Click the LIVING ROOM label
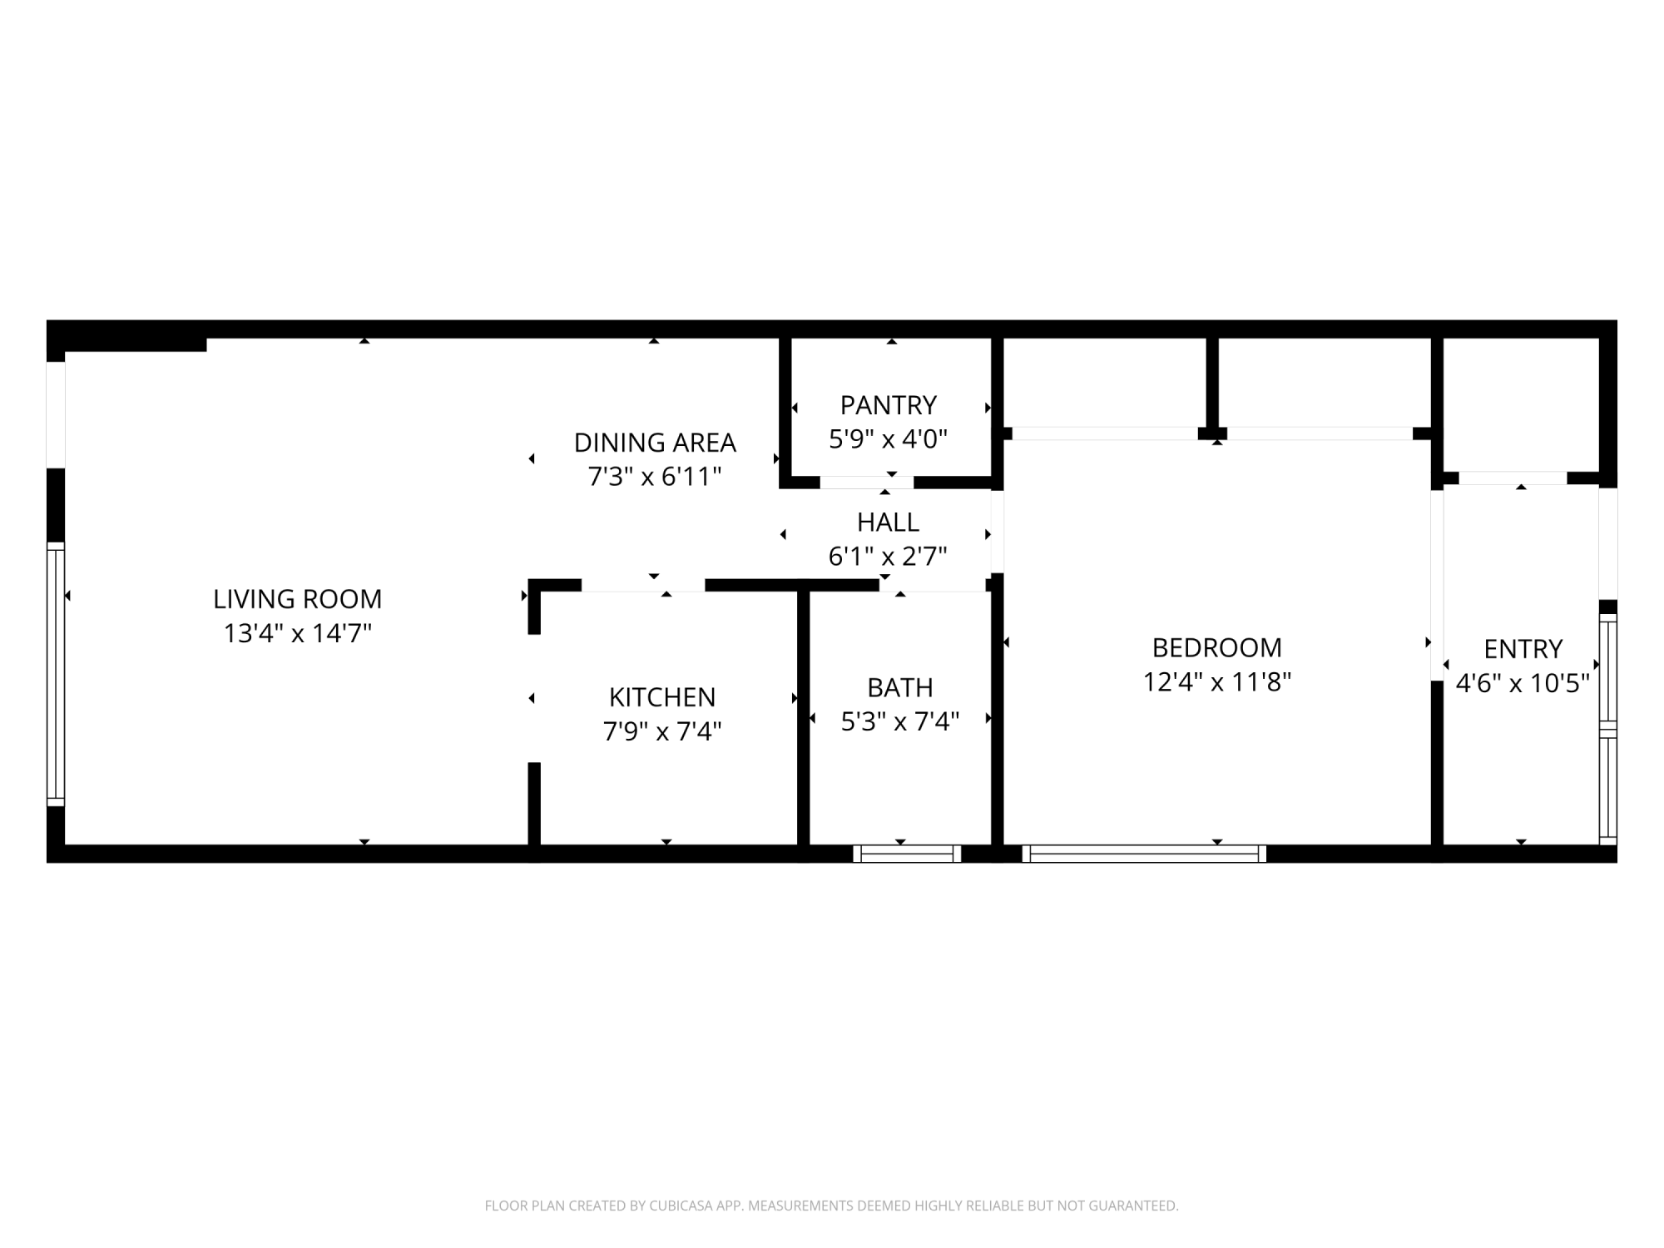click(x=297, y=599)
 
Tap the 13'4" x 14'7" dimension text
click(x=297, y=634)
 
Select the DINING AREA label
click(x=655, y=443)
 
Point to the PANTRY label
click(x=888, y=405)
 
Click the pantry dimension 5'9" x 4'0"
click(x=888, y=439)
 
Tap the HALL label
click(x=888, y=522)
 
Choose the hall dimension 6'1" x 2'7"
click(x=888, y=557)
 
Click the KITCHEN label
click(x=662, y=697)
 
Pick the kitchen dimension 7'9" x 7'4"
click(x=662, y=731)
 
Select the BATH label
click(x=900, y=688)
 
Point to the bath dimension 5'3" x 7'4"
click(x=900, y=722)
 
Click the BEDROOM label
click(x=1217, y=647)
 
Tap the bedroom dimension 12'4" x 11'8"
click(x=1217, y=682)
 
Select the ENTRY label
click(x=1523, y=649)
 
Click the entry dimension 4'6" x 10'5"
click(x=1523, y=684)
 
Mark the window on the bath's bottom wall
click(x=907, y=854)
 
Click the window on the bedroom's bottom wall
click(x=1144, y=854)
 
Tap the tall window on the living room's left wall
click(x=56, y=674)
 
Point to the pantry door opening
click(x=866, y=483)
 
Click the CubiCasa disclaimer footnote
click(x=832, y=1206)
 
